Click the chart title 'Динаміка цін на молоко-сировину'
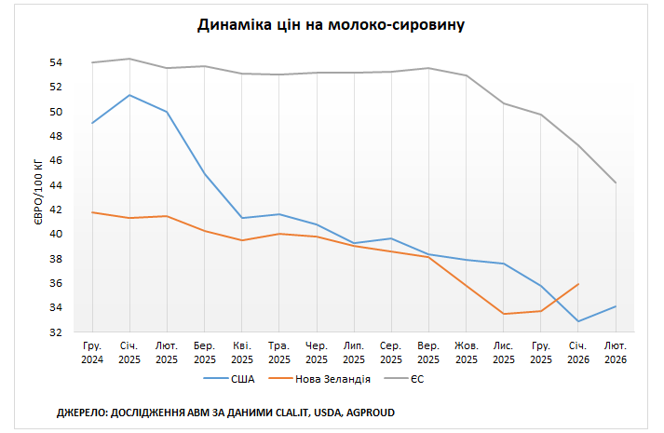point(331,25)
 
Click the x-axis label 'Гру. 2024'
point(92,352)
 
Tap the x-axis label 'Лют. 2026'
point(616,352)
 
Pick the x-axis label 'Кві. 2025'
point(242,352)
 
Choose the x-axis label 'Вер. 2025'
point(428,352)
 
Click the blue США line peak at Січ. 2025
point(129,95)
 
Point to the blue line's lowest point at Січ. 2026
point(578,321)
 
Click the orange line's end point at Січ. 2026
point(578,284)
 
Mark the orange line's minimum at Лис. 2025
point(504,314)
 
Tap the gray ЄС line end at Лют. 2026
point(616,183)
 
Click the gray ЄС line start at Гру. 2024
point(92,62)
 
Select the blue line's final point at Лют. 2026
point(616,306)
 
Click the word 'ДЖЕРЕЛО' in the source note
point(82,411)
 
